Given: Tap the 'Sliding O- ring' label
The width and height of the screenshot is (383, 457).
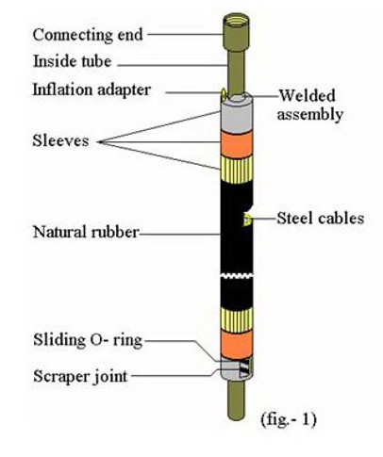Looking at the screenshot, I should [82, 339].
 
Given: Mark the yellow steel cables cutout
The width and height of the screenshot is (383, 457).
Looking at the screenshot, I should [246, 220].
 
